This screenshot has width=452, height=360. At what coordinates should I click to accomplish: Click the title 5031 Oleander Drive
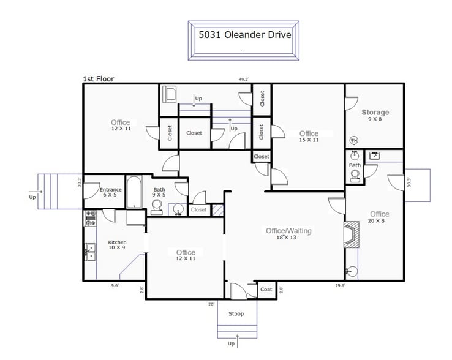[x=244, y=35]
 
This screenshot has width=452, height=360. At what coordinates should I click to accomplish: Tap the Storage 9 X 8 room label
[x=375, y=116]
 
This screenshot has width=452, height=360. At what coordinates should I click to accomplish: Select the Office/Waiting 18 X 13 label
[x=289, y=234]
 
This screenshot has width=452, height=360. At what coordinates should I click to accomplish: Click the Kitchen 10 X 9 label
[x=117, y=245]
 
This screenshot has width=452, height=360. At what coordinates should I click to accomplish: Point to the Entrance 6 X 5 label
[x=110, y=193]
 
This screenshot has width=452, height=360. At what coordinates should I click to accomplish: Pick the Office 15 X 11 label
[x=309, y=137]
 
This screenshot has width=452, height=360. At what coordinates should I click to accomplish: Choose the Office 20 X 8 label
[x=379, y=217]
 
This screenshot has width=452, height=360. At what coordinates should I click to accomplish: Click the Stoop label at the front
[x=236, y=314]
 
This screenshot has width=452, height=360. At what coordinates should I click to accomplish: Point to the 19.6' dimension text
[x=339, y=285]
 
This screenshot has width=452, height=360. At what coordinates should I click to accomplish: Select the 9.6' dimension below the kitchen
[x=115, y=285]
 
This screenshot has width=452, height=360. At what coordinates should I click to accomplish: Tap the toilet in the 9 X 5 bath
[x=157, y=206]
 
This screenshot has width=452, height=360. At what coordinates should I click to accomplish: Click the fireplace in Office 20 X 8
[x=352, y=234]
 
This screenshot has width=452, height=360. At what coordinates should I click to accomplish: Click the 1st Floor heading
[x=98, y=79]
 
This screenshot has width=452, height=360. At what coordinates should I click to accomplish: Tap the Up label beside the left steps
[x=32, y=197]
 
